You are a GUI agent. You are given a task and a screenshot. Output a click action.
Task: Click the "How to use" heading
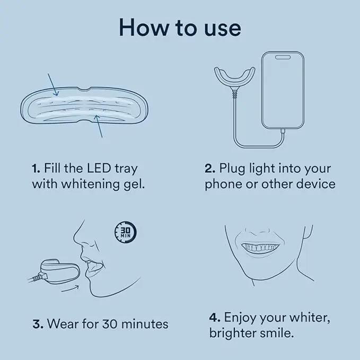click(x=180, y=28)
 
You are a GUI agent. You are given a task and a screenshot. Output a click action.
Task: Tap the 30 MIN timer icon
click(x=126, y=232)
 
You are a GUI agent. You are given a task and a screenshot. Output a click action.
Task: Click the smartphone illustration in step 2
click(x=283, y=90)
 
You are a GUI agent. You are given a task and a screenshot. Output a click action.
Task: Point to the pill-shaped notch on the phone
click(x=283, y=57)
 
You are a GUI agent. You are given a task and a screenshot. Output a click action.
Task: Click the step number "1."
click(x=36, y=169)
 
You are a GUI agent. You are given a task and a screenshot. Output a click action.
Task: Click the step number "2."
click(x=210, y=168)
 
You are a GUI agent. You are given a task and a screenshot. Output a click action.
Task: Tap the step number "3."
click(x=38, y=324)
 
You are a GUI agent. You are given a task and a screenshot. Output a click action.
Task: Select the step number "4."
click(x=215, y=318)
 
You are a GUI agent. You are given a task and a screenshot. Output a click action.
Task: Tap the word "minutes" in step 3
click(x=145, y=324)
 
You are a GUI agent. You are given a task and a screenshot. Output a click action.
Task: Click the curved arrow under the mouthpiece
click(x=71, y=288)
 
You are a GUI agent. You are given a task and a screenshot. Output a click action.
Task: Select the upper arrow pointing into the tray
click(x=53, y=84)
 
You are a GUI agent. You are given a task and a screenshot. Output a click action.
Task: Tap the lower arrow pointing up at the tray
click(x=100, y=126)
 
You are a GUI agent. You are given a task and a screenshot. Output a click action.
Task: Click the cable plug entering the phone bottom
click(x=283, y=131)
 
